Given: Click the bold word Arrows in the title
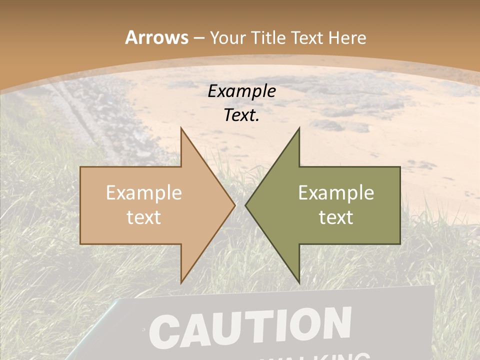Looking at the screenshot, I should click(156, 37).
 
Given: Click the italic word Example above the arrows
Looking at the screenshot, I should click(241, 91).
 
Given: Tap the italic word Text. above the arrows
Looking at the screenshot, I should click(241, 115).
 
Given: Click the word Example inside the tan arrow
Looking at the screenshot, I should click(144, 193).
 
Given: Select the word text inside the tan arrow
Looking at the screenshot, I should click(144, 217).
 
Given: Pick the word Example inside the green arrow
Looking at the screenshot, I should click(336, 193).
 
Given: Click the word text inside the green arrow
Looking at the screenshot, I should click(336, 217).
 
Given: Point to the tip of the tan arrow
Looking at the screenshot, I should click(234, 205).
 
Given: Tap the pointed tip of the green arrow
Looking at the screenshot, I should click(246, 205).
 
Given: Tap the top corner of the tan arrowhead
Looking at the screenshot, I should click(181, 128).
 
